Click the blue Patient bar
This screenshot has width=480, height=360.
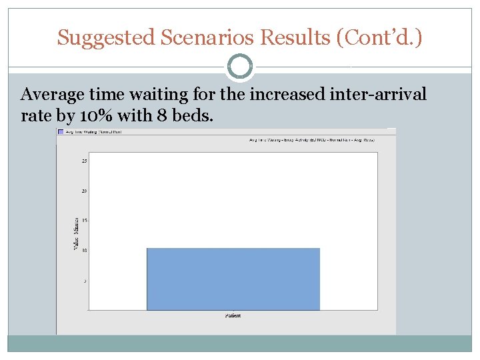[x=233, y=279]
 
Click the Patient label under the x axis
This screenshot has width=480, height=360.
[x=233, y=315]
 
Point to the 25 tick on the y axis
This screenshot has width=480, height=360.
[x=84, y=161]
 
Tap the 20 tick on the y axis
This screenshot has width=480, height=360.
[x=84, y=191]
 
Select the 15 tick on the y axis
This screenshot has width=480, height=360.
[x=84, y=221]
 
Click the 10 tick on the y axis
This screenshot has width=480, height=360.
[x=84, y=251]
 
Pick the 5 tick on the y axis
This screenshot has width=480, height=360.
[x=85, y=281]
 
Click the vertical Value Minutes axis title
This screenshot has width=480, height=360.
[x=75, y=233]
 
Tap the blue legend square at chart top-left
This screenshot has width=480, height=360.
[x=61, y=132]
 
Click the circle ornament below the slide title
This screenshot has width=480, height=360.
[x=240, y=67]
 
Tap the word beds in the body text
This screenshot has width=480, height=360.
[x=192, y=115]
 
